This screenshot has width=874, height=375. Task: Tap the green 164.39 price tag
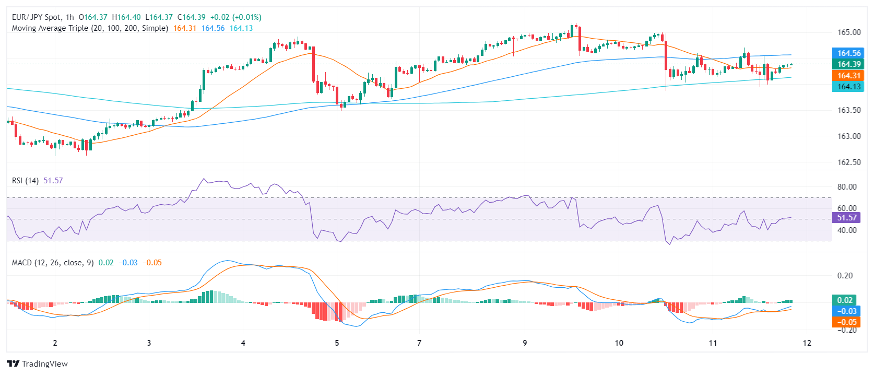coord(848,64)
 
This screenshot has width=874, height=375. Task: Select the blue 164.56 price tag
coord(848,53)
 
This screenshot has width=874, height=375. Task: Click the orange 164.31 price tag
coord(848,76)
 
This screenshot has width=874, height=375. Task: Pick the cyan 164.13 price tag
coord(848,87)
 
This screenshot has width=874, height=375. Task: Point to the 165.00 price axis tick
coord(849,32)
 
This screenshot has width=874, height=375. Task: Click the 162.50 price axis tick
coord(849,162)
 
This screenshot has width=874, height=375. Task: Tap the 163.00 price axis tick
coord(849,136)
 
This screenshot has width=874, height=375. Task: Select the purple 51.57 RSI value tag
coord(846,218)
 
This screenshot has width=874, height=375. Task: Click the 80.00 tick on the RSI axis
coord(847,187)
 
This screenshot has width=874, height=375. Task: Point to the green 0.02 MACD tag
coord(845,300)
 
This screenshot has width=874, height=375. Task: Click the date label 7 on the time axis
coord(419,343)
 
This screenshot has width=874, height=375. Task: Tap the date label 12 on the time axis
coord(807,343)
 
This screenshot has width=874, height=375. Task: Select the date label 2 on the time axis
coord(55,343)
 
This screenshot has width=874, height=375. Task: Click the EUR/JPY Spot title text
coord(36,17)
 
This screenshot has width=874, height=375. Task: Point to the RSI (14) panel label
coord(25,181)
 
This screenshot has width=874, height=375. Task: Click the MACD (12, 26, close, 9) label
coord(53,263)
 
